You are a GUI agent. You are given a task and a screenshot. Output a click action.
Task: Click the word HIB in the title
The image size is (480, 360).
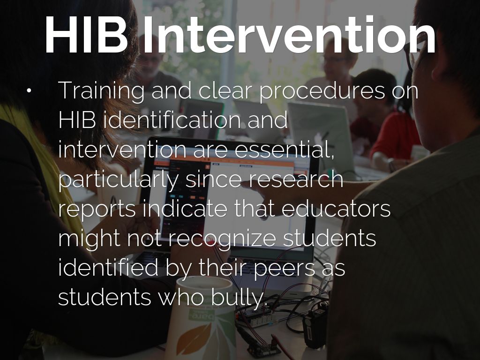pos(87,37)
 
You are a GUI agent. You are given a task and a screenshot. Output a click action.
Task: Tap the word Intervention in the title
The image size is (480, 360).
pos(289,37)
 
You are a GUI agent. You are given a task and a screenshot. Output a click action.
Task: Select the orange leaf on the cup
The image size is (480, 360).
pos(196,337)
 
